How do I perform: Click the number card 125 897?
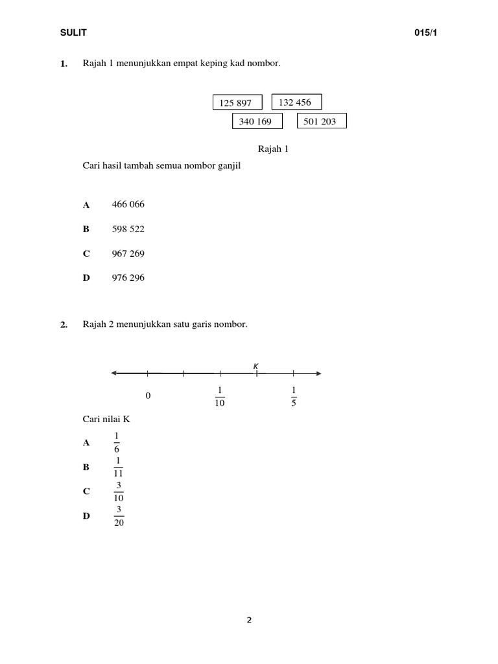[237, 103]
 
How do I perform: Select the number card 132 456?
[296, 102]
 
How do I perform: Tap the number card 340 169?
[257, 121]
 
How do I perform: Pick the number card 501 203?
[321, 121]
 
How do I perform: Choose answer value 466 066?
[128, 204]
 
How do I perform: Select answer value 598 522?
[128, 229]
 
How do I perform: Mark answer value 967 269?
[128, 254]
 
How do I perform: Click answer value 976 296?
[128, 278]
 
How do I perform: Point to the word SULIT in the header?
[73, 33]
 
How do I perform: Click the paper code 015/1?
[426, 33]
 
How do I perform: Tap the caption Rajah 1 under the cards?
[273, 149]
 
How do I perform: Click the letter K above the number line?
[256, 366]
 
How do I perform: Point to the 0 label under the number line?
[148, 396]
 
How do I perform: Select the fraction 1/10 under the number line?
[220, 396]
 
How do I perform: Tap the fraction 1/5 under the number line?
[294, 396]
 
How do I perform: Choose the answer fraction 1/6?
[117, 442]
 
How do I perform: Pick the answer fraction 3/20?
[119, 516]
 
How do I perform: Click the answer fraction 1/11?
[119, 467]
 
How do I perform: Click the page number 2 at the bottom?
[249, 620]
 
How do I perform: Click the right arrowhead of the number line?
[318, 373]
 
